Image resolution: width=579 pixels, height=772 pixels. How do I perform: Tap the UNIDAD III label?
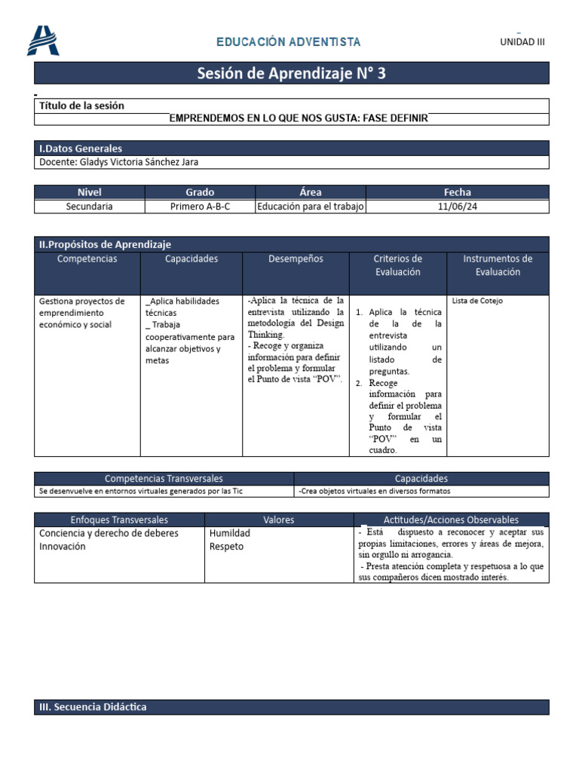point(522,42)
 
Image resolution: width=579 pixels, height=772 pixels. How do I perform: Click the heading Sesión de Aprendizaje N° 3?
point(292,73)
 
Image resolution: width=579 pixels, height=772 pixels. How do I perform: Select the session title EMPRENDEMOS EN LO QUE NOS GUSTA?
point(299,118)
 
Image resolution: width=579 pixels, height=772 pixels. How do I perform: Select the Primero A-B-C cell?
point(200,206)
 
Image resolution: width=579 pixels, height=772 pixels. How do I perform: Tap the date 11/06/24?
point(457,206)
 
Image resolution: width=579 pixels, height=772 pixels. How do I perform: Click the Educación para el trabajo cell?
point(311,206)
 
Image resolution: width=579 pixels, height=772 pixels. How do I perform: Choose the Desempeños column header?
point(296,259)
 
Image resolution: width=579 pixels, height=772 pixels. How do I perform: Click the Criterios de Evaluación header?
point(397,265)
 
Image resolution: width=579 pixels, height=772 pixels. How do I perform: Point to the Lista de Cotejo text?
point(478,301)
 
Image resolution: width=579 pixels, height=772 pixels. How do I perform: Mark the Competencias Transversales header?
point(164,479)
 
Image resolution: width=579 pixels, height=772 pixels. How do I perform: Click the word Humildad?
point(229,533)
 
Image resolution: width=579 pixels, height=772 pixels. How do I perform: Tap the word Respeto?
point(226,547)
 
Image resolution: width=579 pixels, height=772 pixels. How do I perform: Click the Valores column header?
point(279,519)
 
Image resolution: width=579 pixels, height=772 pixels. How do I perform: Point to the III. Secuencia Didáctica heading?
point(93,707)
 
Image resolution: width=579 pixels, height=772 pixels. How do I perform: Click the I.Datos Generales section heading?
point(81,149)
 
